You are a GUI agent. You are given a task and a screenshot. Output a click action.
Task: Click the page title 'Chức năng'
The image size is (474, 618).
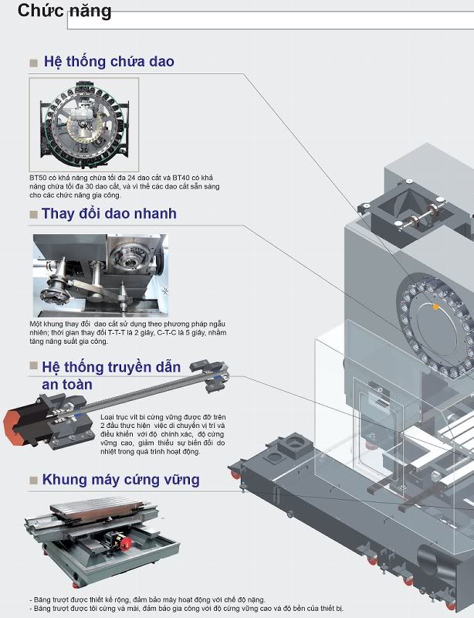[x=65, y=11]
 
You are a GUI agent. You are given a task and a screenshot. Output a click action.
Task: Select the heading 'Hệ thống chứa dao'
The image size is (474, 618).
[x=109, y=62]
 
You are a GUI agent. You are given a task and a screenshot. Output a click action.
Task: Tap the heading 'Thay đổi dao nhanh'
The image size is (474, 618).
[x=109, y=214]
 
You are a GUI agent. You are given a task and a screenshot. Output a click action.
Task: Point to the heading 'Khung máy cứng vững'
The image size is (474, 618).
[x=121, y=480]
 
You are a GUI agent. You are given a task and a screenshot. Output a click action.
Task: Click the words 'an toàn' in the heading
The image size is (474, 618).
[x=67, y=385]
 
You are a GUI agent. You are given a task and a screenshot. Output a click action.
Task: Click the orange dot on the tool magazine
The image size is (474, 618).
[x=435, y=307]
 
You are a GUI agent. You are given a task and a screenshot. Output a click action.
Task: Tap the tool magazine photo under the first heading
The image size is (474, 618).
[x=84, y=124]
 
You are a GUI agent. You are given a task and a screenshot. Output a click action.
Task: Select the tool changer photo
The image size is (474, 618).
[x=100, y=276]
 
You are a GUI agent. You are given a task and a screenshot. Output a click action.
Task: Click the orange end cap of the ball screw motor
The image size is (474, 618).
[x=11, y=427]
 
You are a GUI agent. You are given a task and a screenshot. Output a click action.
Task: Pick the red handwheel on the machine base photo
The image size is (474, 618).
[x=125, y=544]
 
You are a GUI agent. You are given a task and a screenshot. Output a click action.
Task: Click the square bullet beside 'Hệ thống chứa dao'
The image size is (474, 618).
[x=33, y=63]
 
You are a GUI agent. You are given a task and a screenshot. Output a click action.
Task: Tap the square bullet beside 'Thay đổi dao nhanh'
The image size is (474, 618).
[x=33, y=215]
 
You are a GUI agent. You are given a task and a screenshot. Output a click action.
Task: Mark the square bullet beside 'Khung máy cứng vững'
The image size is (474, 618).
[x=33, y=480]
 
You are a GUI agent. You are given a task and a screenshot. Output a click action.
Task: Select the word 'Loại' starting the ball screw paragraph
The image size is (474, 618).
[x=107, y=417]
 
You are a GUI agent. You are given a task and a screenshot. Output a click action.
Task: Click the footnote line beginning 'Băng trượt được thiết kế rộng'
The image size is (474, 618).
[x=147, y=600]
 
